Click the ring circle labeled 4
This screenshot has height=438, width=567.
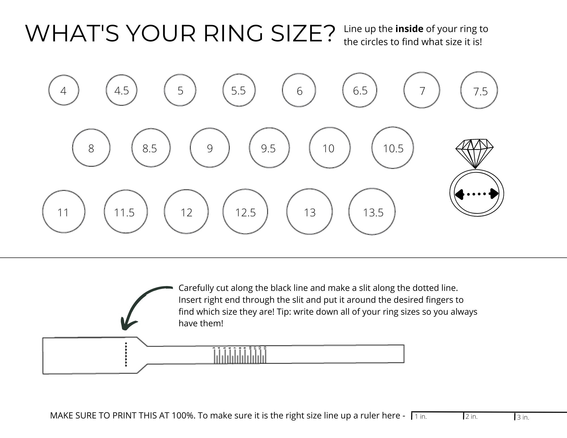pyautogui.click(x=64, y=90)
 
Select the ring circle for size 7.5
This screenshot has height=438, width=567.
pyautogui.click(x=479, y=90)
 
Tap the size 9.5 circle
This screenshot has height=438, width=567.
pyautogui.click(x=269, y=148)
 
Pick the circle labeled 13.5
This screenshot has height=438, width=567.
pyautogui.click(x=372, y=211)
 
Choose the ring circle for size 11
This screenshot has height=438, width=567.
pyautogui.click(x=64, y=211)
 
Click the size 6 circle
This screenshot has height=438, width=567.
pyautogui.click(x=299, y=90)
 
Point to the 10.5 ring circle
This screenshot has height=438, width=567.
pyautogui.click(x=392, y=148)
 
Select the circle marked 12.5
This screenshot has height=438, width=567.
pyautogui.click(x=245, y=211)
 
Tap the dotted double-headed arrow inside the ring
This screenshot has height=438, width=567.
pyautogui.click(x=476, y=194)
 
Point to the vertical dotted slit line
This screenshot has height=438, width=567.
pyautogui.click(x=126, y=354)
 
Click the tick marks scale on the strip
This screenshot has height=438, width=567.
pyautogui.click(x=240, y=357)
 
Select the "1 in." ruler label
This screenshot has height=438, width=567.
pyautogui.click(x=421, y=416)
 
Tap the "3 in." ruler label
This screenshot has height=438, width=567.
pyautogui.click(x=523, y=417)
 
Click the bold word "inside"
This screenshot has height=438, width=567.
pyautogui.click(x=409, y=29)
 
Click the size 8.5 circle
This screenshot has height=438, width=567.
pyautogui.click(x=151, y=148)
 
